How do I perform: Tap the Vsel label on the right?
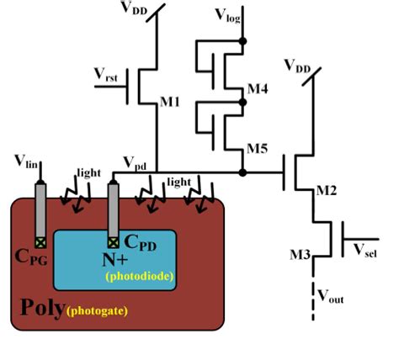367,250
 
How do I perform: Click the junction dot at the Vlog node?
244,40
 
